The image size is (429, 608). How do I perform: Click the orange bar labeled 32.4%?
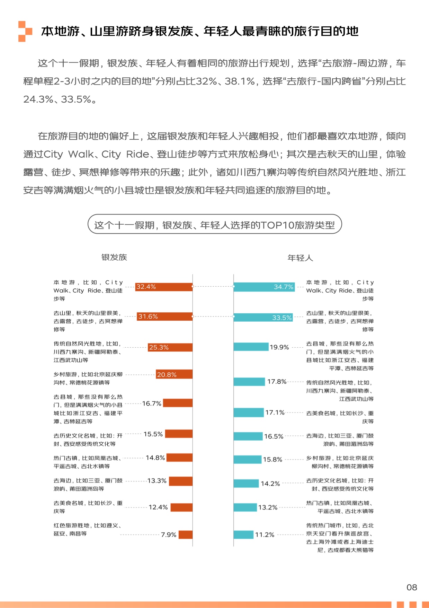tap(163, 287)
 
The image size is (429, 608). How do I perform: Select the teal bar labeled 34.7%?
tap(264, 287)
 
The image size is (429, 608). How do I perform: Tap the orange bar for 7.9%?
tap(186, 535)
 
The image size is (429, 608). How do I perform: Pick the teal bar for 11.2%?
tap(243, 535)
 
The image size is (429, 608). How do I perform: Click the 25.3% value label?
tap(159, 347)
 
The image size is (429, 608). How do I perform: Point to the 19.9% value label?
tap(279, 347)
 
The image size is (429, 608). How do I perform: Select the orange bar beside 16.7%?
tap(178, 403)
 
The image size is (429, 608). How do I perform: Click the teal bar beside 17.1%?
tap(249, 412)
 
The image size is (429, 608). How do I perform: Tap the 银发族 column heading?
tap(114, 257)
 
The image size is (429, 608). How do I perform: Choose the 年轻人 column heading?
tap(300, 258)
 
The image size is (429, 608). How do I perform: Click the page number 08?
tap(412, 587)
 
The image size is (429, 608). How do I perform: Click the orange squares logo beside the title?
tap(25, 32)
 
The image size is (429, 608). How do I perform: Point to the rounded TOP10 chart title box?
tap(215, 225)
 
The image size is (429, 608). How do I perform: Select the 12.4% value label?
tap(158, 507)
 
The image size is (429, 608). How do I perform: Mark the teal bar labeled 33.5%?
tap(263, 318)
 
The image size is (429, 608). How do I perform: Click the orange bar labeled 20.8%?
tap(174, 374)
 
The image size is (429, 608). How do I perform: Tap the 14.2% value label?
tap(270, 484)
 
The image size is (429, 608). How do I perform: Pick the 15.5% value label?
tap(153, 434)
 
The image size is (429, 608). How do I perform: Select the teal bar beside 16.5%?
tap(248, 436)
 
